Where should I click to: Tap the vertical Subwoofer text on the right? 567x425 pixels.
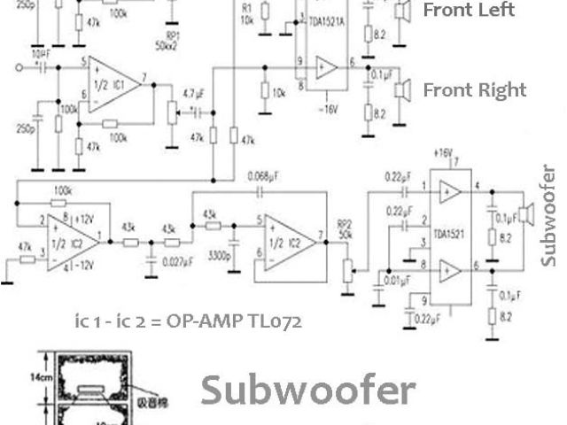(549, 213)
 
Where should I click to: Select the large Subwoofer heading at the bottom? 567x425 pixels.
(307, 390)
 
